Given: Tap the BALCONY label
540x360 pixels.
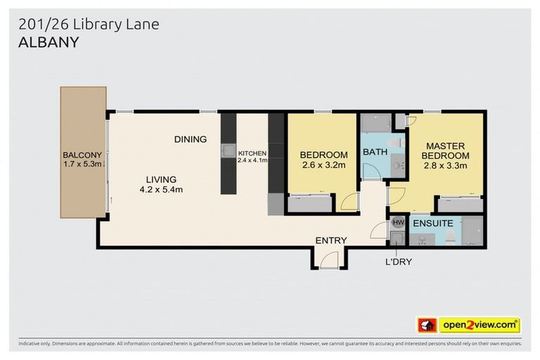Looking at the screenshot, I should pos(83,155).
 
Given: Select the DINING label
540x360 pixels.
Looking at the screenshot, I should pos(190,139).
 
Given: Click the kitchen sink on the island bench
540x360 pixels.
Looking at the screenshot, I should pos(228,150).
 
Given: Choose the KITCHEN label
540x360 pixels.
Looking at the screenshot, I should pos(252,153).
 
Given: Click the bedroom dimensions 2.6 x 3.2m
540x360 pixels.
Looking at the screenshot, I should pos(323,166).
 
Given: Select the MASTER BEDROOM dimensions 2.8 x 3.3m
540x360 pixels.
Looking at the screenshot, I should pos(445,166).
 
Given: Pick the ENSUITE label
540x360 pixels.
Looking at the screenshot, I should pos(432,224).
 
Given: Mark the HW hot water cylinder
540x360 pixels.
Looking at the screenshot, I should pos(397,223).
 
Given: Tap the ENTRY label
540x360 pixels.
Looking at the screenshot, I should pos(330,240).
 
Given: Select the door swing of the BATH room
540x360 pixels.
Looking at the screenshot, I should pos(371,172).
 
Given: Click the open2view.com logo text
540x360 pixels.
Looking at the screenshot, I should pos(480,325).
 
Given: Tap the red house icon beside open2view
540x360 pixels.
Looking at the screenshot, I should pos(427,325).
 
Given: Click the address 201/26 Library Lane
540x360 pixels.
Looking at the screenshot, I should pos(89,25).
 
